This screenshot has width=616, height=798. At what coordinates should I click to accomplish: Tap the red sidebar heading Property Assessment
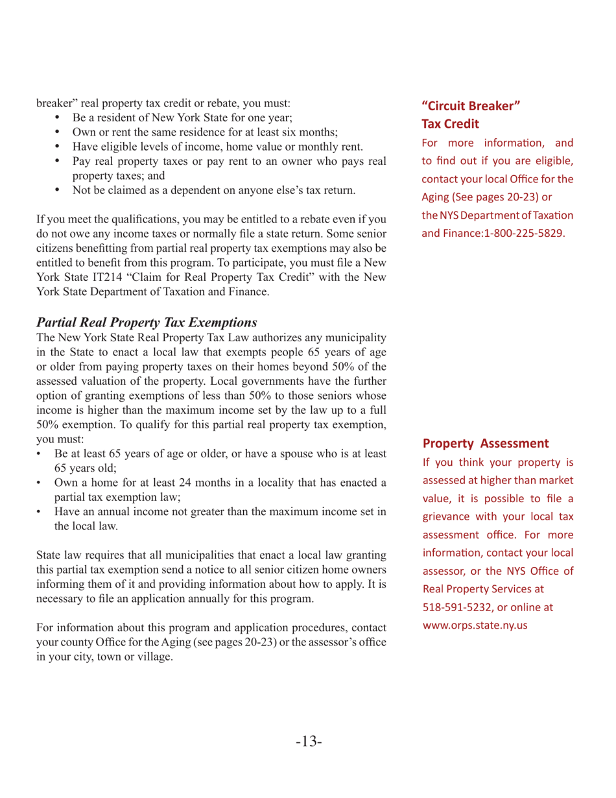[486, 443]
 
